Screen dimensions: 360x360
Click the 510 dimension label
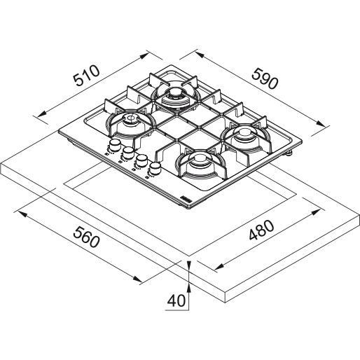point(86,75)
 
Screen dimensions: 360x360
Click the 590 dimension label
point(265,78)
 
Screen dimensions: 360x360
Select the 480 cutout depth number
point(261,230)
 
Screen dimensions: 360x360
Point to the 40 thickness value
point(176,300)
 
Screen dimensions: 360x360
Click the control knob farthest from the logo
point(114,145)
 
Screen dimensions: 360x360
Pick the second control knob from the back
point(127,153)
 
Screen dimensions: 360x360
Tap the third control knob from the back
point(141,160)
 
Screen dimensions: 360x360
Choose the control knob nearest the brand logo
point(155,167)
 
